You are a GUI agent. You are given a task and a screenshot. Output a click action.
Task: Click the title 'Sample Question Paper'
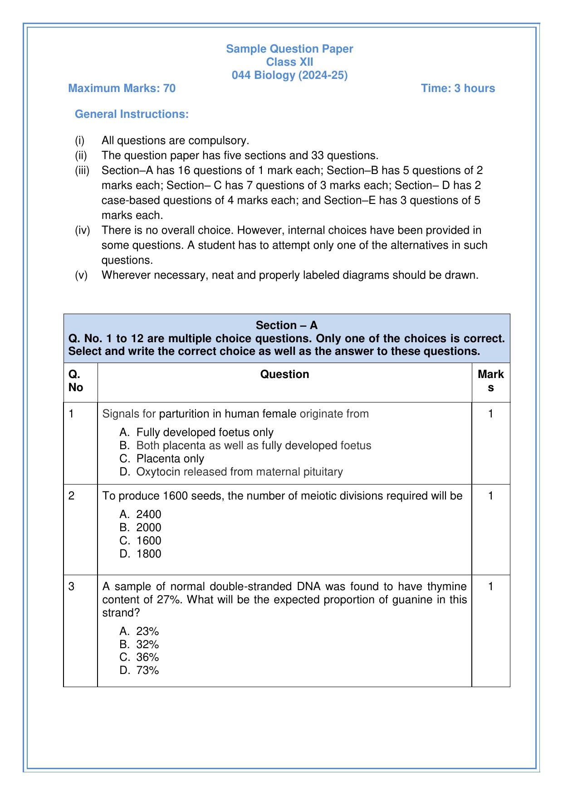tap(289, 48)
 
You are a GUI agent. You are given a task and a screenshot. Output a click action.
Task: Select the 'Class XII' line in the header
tap(289, 62)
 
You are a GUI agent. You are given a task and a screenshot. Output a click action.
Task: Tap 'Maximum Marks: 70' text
tap(122, 88)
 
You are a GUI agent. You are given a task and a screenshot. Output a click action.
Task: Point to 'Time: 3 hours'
tap(458, 88)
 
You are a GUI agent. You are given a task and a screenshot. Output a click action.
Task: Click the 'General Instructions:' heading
tap(132, 114)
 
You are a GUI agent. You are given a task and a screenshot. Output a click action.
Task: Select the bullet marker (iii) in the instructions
tap(82, 170)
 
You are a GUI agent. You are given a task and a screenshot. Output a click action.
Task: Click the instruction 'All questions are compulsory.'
tap(176, 141)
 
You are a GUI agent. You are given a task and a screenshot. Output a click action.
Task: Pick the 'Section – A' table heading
tap(287, 325)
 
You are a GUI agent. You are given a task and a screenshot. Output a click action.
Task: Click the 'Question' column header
tap(284, 374)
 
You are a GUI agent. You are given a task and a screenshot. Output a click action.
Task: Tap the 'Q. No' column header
tap(76, 381)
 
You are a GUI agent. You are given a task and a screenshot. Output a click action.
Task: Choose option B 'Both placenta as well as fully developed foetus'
tap(254, 446)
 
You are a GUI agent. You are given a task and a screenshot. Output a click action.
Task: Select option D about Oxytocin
tap(240, 472)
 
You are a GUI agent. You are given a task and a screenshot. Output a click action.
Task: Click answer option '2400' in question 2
tap(149, 514)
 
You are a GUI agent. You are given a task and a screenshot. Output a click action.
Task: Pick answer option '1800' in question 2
tap(149, 553)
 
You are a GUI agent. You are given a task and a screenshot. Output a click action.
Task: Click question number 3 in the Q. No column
tap(72, 587)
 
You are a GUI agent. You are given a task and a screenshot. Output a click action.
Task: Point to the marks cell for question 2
tap(490, 496)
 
